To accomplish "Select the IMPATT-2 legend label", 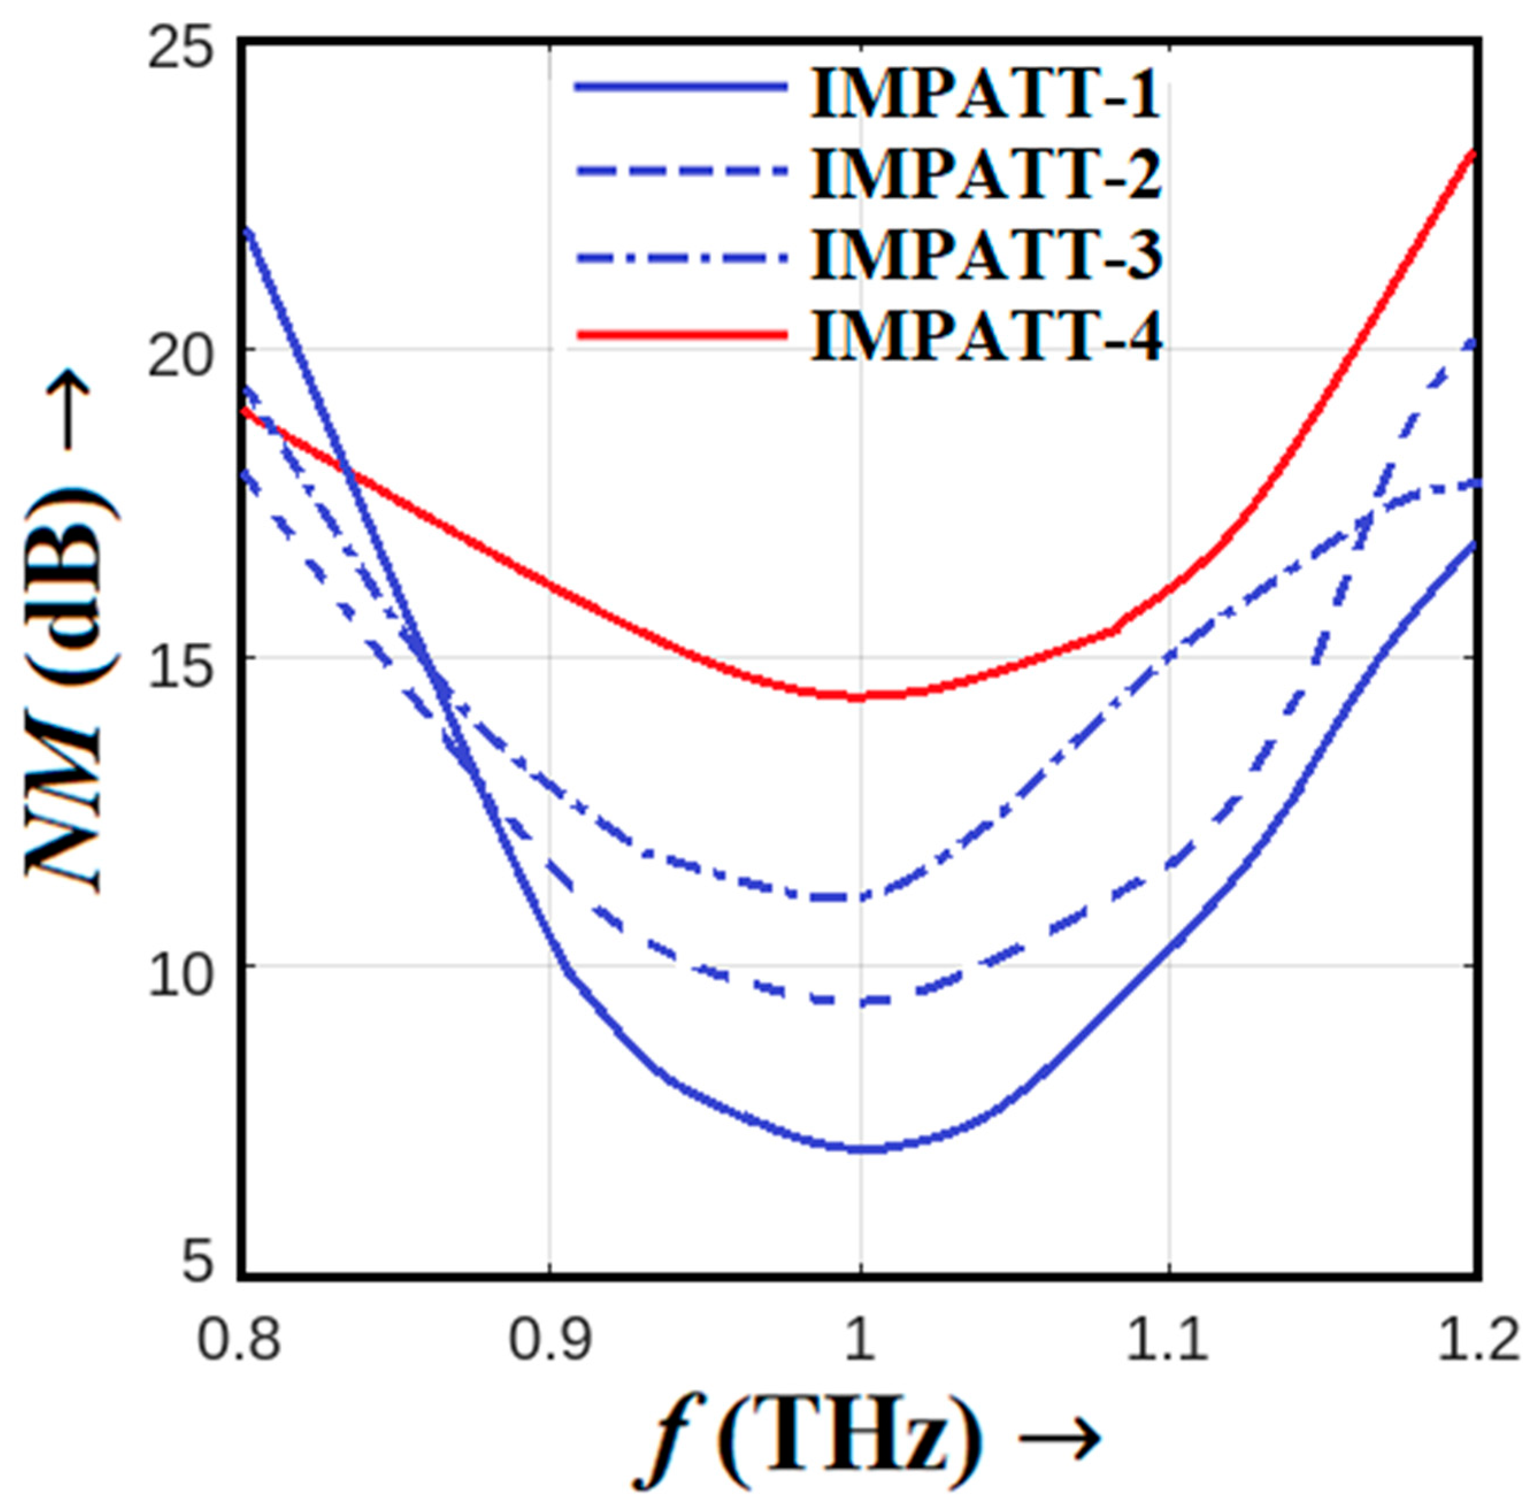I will (986, 172).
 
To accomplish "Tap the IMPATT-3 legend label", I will (986, 255).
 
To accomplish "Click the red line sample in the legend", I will (681, 336).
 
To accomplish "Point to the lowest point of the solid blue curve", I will (867, 1148).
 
